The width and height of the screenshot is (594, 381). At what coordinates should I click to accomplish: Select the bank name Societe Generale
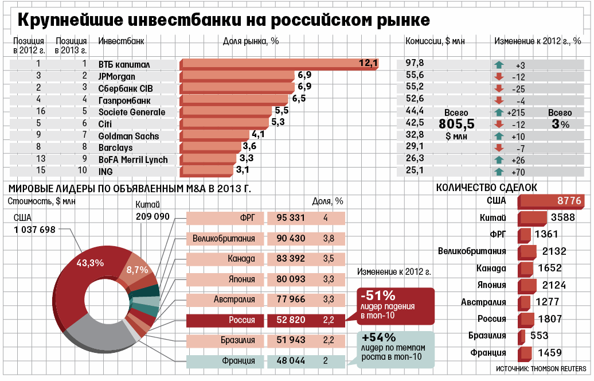(132, 112)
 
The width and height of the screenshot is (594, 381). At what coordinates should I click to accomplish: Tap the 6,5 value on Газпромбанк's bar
(299, 99)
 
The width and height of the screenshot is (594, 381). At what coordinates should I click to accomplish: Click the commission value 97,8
(415, 63)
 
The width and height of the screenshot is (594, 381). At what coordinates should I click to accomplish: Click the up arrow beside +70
(498, 171)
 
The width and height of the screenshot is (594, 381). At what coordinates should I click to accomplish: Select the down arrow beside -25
(498, 88)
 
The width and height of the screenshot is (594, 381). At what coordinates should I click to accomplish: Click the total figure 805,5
(456, 124)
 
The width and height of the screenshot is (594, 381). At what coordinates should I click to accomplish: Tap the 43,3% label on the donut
(90, 263)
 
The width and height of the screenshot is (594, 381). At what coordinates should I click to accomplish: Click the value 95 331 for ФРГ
(291, 218)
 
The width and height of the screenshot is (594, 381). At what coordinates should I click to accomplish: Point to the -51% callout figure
(378, 296)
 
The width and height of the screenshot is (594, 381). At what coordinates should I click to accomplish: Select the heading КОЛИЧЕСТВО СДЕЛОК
(486, 188)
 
